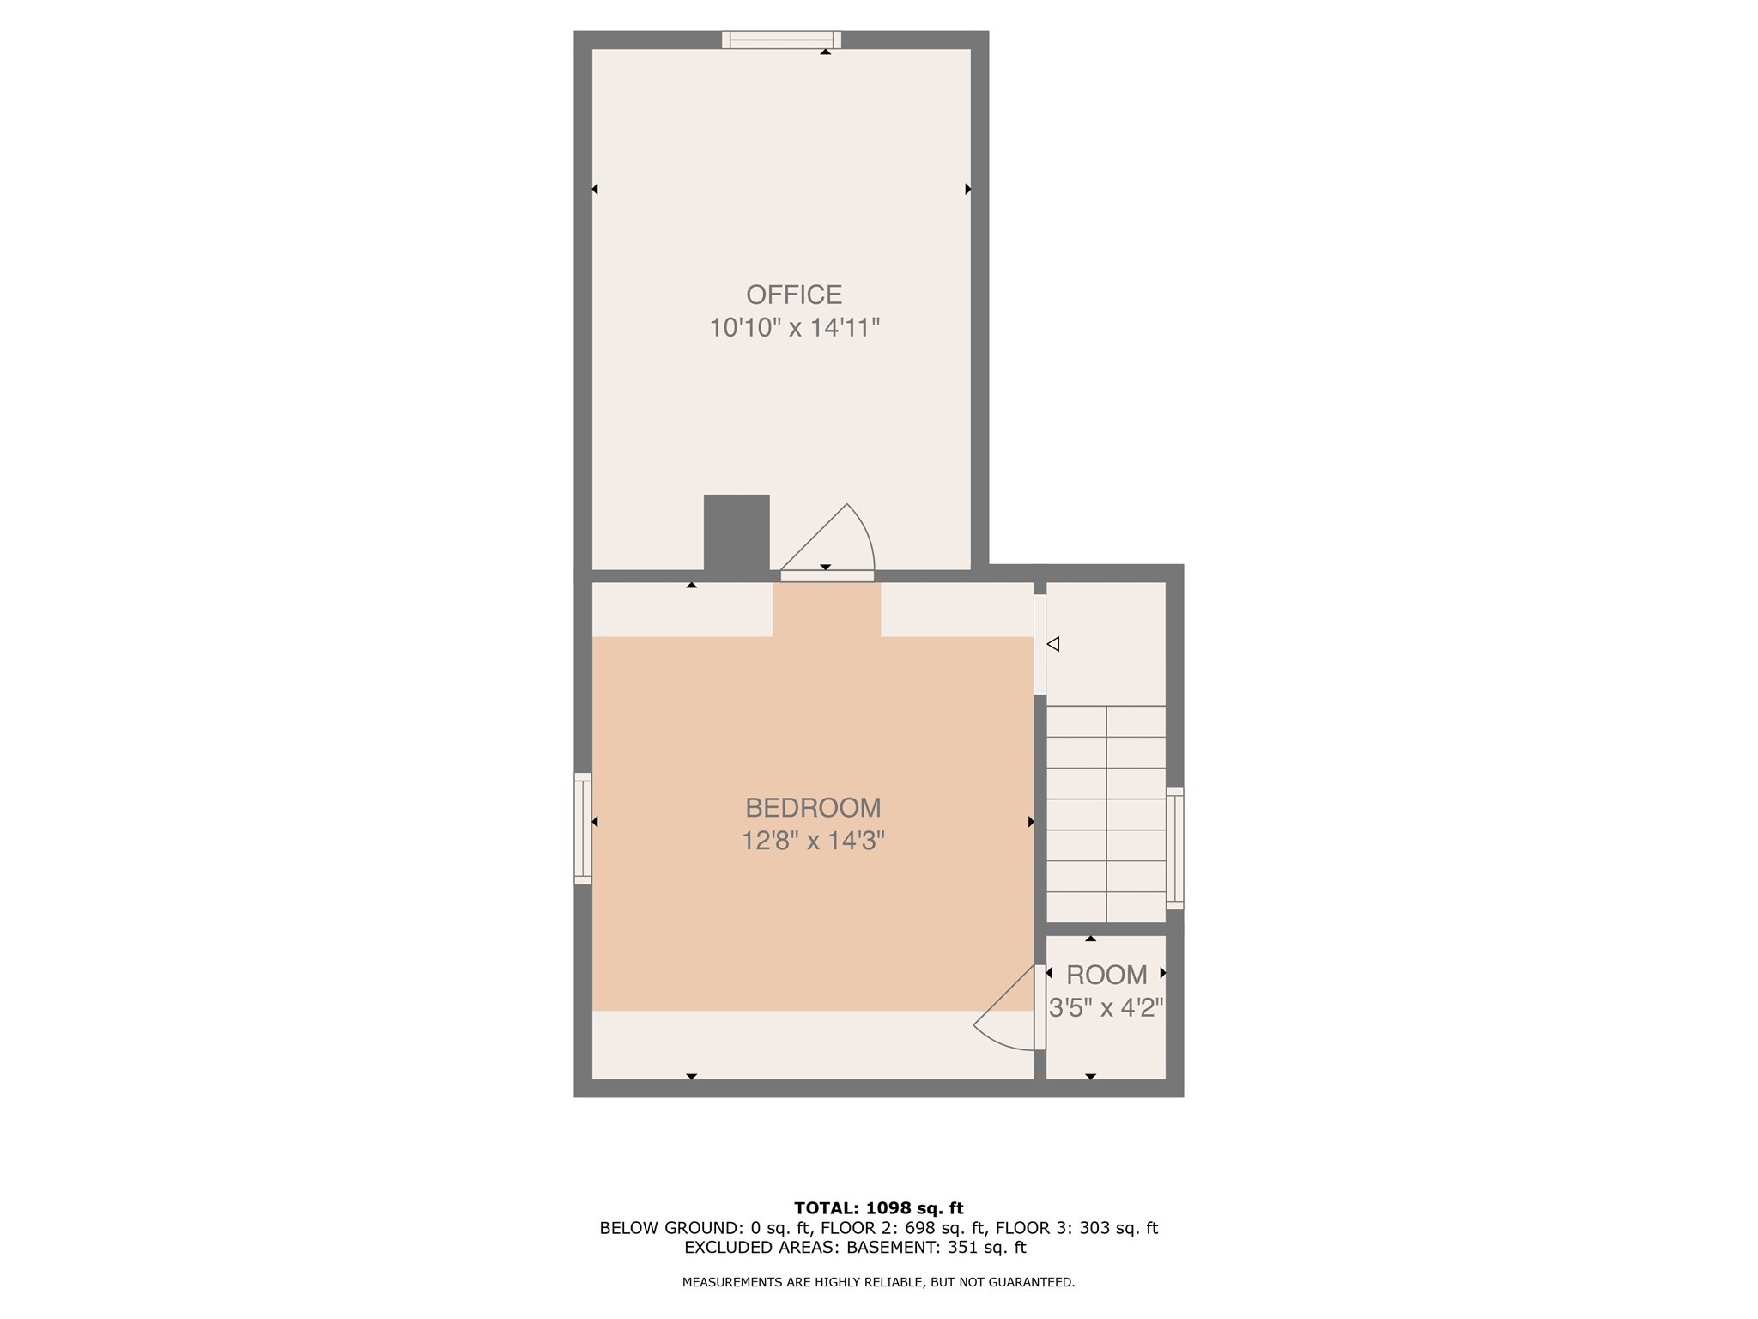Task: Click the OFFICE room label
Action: [793, 295]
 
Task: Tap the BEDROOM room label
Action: [813, 807]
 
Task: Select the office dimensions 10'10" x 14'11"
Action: [794, 328]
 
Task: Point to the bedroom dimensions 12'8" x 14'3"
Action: [813, 840]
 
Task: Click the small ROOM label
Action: [1106, 975]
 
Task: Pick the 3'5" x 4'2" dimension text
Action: [1106, 1007]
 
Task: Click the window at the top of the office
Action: [781, 40]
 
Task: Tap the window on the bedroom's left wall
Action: [583, 828]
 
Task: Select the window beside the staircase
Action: [1174, 848]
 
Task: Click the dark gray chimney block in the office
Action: [737, 532]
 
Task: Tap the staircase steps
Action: [1106, 813]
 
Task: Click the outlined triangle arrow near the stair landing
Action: [1053, 643]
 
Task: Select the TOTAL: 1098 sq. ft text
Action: [878, 1208]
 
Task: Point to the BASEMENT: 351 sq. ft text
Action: [937, 1248]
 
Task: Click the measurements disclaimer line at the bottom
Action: [878, 1282]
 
